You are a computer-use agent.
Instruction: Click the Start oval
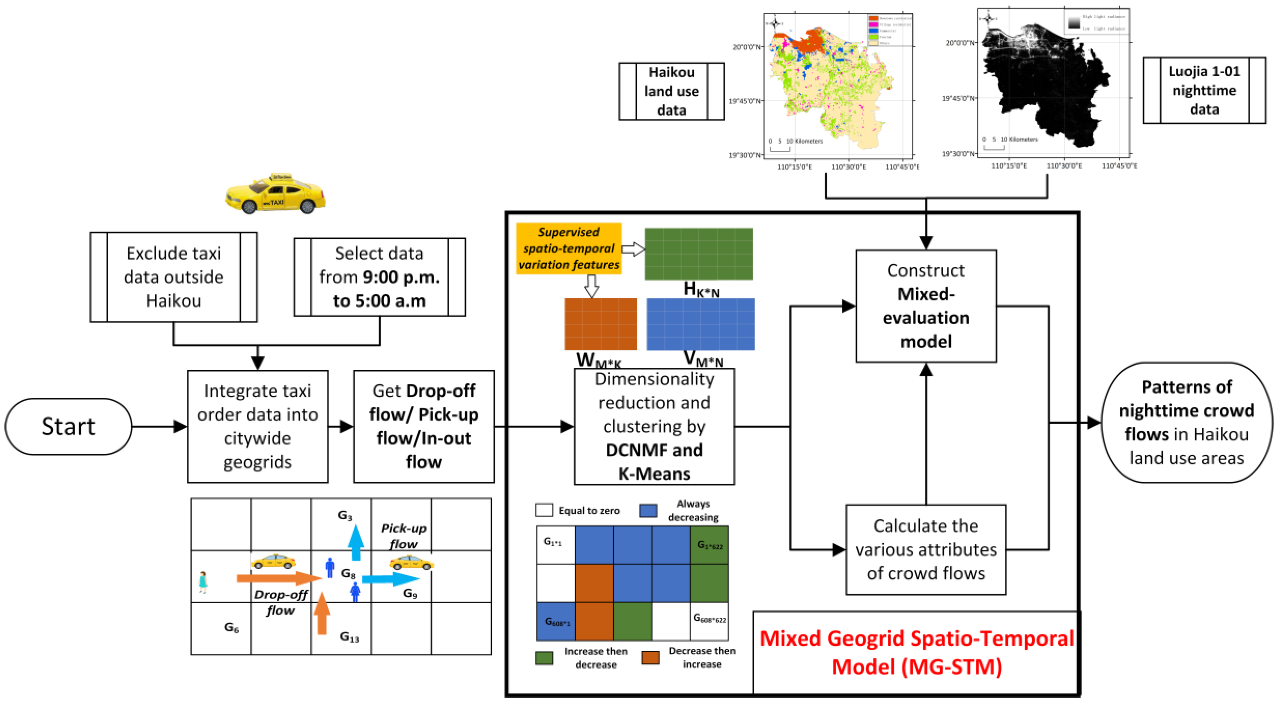pos(68,426)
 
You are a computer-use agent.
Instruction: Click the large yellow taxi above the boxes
pos(276,194)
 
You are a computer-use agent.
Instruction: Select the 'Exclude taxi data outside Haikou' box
pos(173,277)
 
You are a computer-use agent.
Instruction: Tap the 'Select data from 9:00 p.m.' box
pos(380,277)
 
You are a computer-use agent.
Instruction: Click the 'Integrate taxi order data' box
pos(258,426)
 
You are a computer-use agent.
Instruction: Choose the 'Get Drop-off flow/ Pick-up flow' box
pos(423,426)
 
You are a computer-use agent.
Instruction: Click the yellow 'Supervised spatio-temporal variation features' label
pos(568,248)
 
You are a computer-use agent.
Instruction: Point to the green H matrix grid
pos(698,254)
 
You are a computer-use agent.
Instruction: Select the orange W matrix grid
pos(600,324)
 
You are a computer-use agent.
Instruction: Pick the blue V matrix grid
pos(700,324)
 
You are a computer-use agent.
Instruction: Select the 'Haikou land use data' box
pos(671,91)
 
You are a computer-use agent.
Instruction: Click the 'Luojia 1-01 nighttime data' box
pos(1204,90)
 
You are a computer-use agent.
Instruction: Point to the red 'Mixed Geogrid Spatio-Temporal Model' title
pos(917,652)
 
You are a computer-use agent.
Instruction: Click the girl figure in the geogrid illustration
pos(203,581)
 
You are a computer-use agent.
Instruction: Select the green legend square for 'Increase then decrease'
pos(544,657)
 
